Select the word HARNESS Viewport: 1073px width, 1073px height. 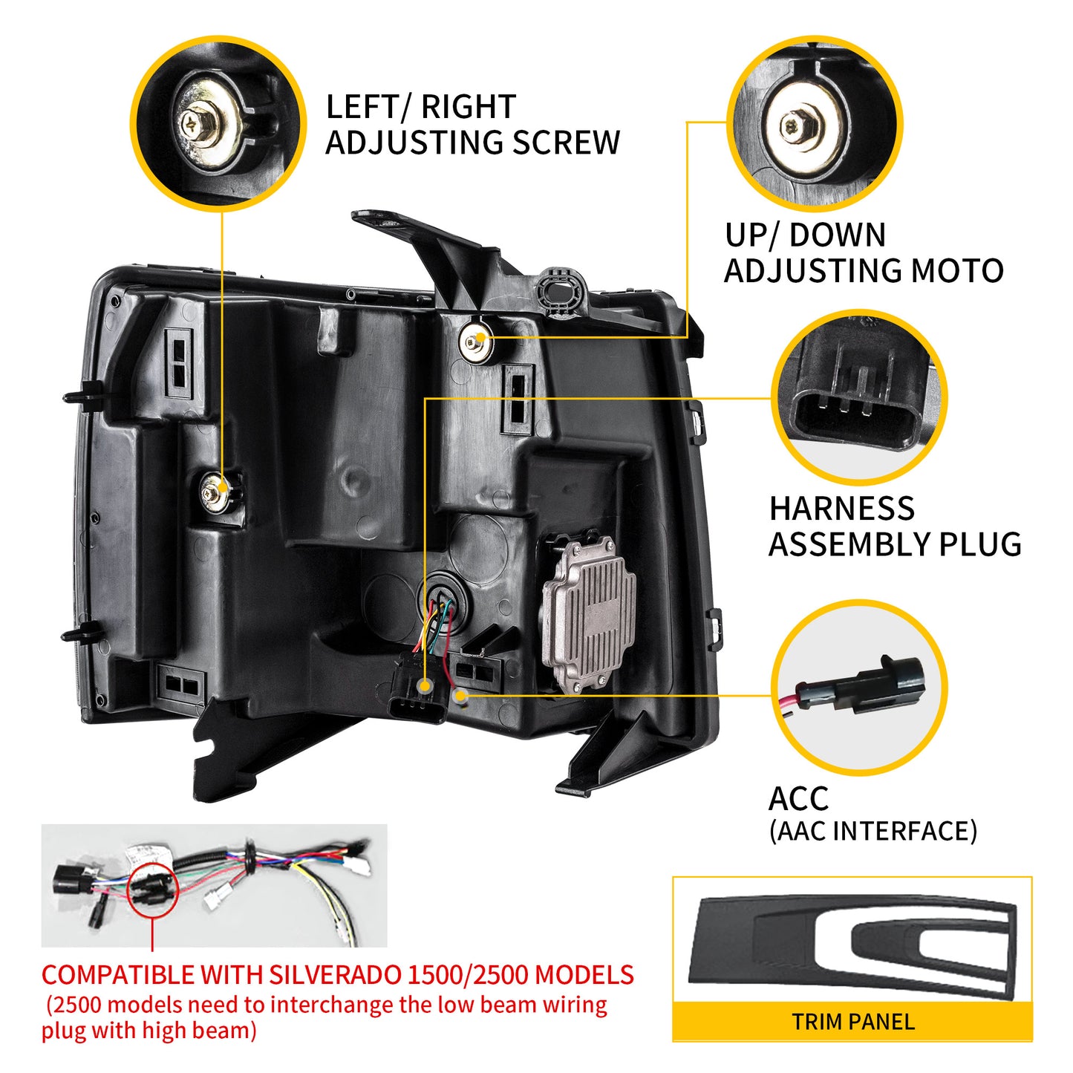pos(841,509)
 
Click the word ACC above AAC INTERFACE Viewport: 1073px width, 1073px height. pos(798,799)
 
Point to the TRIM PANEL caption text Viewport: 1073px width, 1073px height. pos(852,1022)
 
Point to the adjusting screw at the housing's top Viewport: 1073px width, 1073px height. pos(475,339)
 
